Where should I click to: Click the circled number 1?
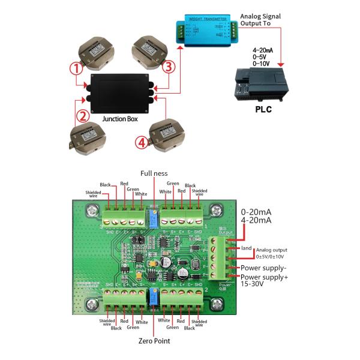[x=76, y=68]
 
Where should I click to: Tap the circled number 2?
[x=85, y=115]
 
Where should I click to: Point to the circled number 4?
[x=140, y=142]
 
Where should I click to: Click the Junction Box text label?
[x=119, y=119]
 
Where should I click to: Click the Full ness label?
[x=154, y=173]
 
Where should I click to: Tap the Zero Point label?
[x=154, y=341]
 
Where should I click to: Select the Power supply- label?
[x=265, y=267]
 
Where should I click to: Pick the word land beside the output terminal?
[x=245, y=247]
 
